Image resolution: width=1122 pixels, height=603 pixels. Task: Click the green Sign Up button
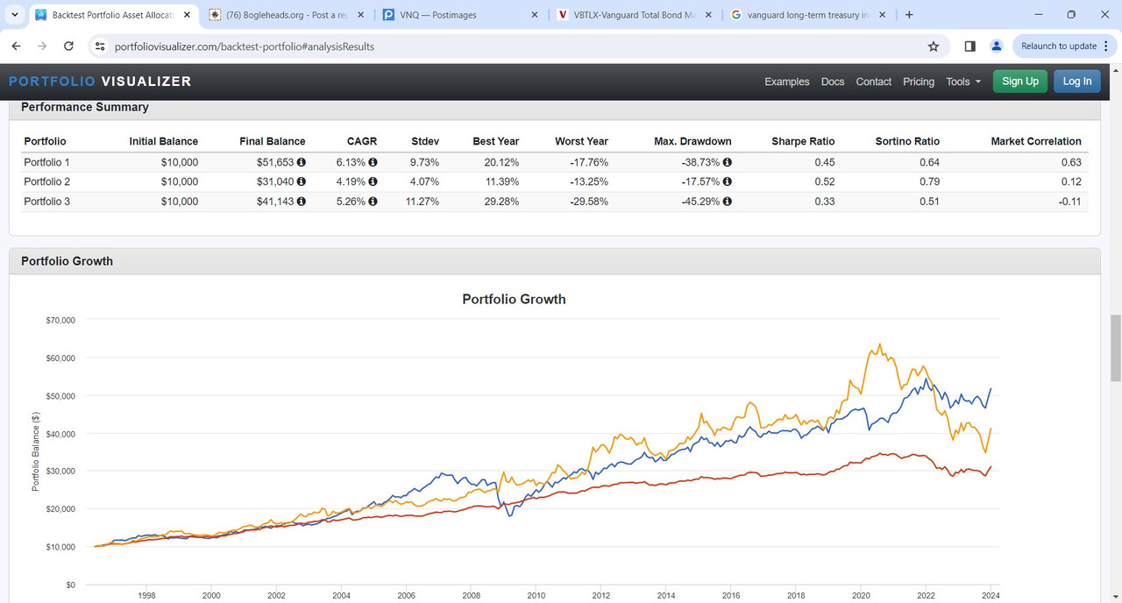pos(1019,82)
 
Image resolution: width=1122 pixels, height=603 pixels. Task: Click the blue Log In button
pos(1077,82)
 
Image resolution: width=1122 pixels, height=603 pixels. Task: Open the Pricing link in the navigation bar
pos(918,82)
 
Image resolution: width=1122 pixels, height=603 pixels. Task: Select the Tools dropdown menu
pos(962,82)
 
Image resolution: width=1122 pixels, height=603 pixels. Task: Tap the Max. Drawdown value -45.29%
pos(700,202)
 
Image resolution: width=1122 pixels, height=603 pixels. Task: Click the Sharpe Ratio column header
pos(803,141)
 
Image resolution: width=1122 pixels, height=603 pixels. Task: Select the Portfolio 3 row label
pos(46,202)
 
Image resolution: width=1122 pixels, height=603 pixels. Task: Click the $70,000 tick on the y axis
pos(60,321)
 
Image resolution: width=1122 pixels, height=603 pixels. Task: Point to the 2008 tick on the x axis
pos(471,595)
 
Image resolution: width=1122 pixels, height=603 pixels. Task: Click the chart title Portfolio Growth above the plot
pos(514,300)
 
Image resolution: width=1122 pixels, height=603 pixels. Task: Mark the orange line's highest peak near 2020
pos(879,344)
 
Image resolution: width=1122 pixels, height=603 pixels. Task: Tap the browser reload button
pos(68,46)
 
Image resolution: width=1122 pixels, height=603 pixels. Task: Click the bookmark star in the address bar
pos(934,46)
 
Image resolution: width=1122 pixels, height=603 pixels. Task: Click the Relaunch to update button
pos(1059,46)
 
